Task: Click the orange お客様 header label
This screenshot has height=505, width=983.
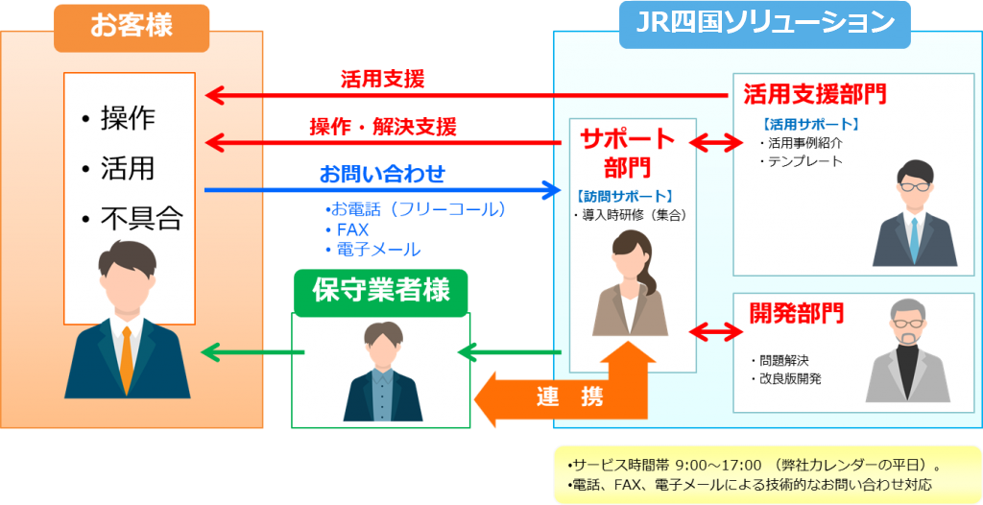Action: pyautogui.click(x=132, y=25)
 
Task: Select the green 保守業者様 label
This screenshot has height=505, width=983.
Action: pyautogui.click(x=381, y=289)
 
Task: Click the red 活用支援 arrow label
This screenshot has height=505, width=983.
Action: pyautogui.click(x=382, y=79)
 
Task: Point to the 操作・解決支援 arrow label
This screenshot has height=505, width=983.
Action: pyautogui.click(x=382, y=126)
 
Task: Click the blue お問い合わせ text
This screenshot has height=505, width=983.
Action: pyautogui.click(x=382, y=175)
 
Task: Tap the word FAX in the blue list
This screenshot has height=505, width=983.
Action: pyautogui.click(x=352, y=229)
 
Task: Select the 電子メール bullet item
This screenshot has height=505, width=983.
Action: pyautogui.click(x=377, y=250)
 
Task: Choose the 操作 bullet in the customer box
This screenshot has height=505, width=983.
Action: pyautogui.click(x=127, y=118)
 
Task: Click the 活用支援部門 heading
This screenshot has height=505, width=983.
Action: pyautogui.click(x=814, y=94)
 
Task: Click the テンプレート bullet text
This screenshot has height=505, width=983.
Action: pyautogui.click(x=804, y=161)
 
